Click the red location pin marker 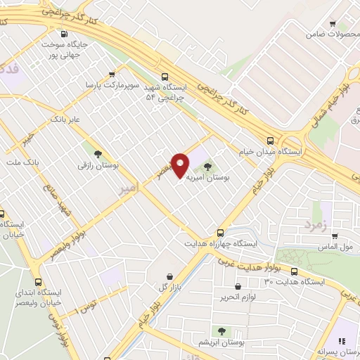181,165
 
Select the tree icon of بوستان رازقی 98,154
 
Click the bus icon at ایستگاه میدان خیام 271,140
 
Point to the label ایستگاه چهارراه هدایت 221,243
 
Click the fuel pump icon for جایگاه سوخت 65,34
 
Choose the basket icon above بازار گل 169,277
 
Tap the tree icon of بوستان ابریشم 221,330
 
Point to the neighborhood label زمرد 316,224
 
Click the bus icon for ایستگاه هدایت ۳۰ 294,271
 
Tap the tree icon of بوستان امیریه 207,166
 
